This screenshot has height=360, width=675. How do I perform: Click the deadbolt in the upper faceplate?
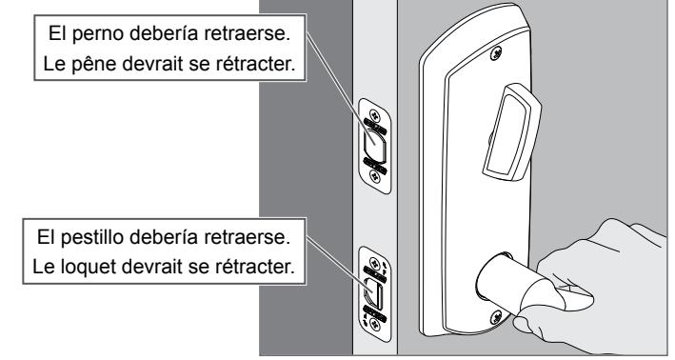pos(374,146)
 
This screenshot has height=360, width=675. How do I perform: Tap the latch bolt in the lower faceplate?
pos(373,293)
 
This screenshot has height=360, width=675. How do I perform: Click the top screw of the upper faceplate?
pos(375,115)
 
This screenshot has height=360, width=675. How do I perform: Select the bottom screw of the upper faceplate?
pos(375,175)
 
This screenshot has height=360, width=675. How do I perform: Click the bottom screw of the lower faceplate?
pos(375,324)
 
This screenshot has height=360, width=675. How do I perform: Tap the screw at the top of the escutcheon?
pos(496,53)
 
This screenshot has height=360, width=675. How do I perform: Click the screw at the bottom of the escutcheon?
pos(496,318)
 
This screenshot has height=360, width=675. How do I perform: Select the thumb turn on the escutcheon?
pos(512,131)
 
